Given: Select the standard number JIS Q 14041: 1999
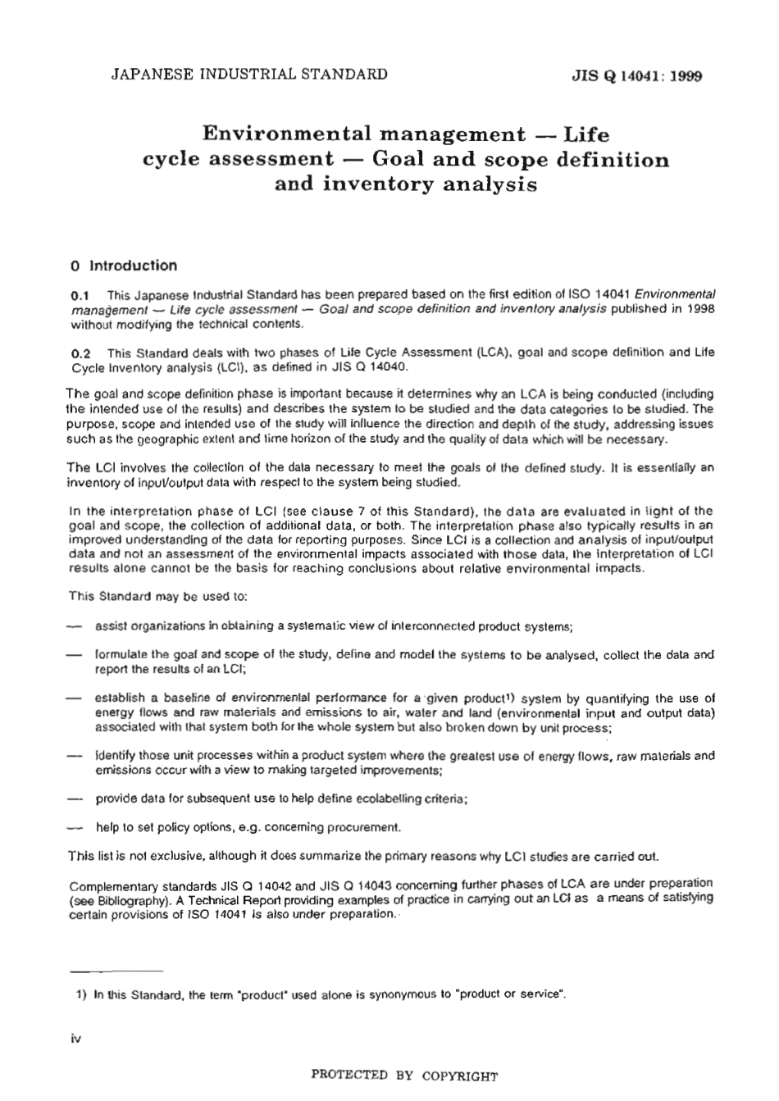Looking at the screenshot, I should pos(636,77).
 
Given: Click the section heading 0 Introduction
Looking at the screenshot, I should pos(124,266).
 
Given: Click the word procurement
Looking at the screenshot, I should pos(366,826).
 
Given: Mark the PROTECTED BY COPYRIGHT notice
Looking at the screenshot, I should pos(403,1076).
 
